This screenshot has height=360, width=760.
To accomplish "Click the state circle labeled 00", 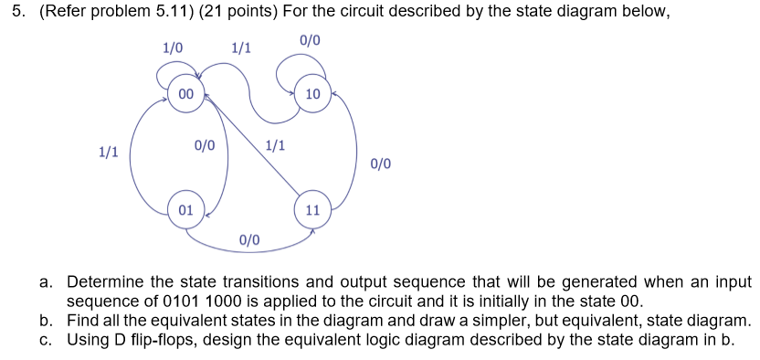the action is click(185, 94).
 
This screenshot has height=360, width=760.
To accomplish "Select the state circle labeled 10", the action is click(312, 94).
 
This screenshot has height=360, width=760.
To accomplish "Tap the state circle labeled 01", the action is click(185, 209).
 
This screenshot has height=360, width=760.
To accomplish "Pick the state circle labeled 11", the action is click(312, 209).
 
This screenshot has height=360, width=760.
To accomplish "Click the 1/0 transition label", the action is click(172, 47).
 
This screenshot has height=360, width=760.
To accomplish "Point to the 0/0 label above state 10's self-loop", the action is click(310, 41).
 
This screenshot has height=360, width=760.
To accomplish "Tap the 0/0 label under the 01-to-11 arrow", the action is click(249, 240).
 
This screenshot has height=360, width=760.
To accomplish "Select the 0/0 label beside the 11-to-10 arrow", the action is click(381, 164).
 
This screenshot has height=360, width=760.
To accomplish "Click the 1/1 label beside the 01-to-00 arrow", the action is click(109, 153).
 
